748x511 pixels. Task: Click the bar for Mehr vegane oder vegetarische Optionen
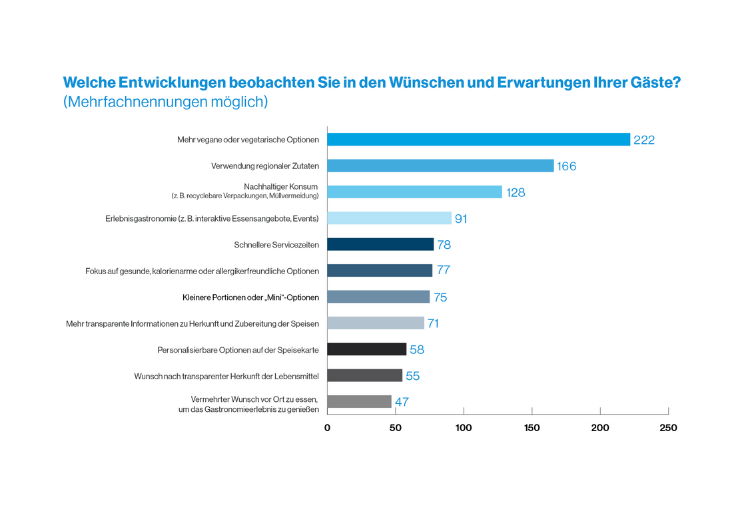tap(478, 140)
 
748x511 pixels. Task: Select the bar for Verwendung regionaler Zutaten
tap(440, 166)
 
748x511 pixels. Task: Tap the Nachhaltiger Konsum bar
tap(414, 192)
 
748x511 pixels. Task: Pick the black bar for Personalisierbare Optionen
tap(366, 349)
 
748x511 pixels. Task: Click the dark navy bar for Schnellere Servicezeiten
tap(380, 244)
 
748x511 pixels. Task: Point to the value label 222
tap(644, 140)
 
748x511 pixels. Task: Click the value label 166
tap(567, 166)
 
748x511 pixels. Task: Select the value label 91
tap(461, 218)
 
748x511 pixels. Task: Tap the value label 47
tap(402, 402)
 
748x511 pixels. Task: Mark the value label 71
tap(433, 323)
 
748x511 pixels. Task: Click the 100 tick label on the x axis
tap(464, 428)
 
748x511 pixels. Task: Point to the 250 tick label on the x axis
tap(668, 428)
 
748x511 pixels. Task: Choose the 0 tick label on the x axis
tap(327, 428)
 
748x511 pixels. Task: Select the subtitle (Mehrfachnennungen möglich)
tap(165, 102)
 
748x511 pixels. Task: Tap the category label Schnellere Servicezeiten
tap(276, 245)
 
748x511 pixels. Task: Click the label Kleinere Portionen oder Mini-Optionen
tap(250, 297)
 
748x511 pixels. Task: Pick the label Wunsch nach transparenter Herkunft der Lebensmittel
tap(226, 376)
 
